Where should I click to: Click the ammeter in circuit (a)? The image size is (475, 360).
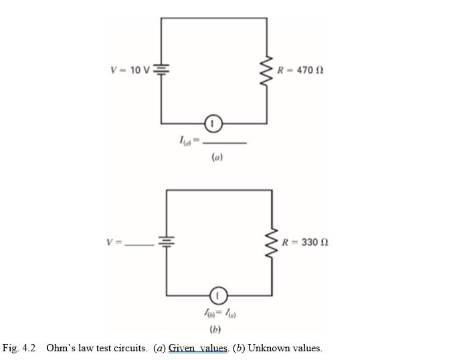[212, 123]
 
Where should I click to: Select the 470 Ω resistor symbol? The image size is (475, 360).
[267, 70]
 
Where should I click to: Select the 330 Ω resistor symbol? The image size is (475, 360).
[272, 242]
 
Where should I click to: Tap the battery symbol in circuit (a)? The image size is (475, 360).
[161, 69]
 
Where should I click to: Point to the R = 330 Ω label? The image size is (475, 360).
[305, 242]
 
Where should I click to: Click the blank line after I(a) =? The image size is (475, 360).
[225, 143]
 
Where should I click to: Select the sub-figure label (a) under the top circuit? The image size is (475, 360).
[217, 158]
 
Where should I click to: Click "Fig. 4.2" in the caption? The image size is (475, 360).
[19, 348]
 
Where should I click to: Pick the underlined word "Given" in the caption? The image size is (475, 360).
[183, 348]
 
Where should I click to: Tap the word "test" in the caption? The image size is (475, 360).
[104, 348]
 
